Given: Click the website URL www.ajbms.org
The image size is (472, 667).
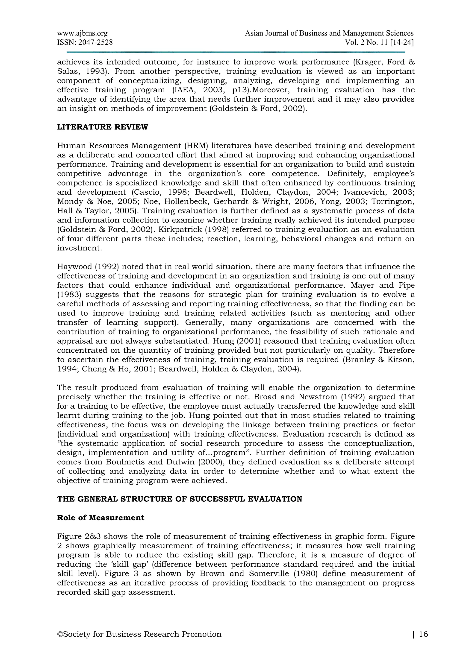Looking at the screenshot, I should click(82, 33).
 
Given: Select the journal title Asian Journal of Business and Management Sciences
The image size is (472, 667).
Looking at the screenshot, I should click(329, 33).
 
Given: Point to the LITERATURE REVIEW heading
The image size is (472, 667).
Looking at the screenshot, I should click(103, 127).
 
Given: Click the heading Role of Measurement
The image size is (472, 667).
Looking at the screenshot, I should click(100, 518).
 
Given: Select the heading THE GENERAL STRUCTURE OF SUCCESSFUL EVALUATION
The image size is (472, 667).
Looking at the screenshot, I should click(180, 499).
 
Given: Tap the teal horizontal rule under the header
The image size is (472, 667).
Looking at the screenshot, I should click(235, 52).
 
